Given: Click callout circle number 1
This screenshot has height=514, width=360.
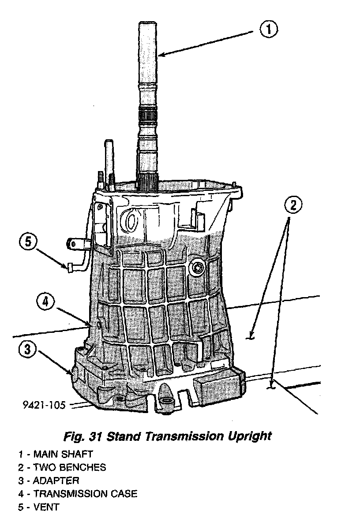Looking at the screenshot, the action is pyautogui.click(x=269, y=30).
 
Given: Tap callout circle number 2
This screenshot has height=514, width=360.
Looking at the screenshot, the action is pyautogui.click(x=293, y=205).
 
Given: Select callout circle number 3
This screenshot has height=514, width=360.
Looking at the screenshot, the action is pyautogui.click(x=28, y=350).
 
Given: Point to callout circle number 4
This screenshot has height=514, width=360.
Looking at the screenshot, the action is pyautogui.click(x=45, y=302).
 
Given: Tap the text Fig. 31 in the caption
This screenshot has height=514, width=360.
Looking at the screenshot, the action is pyautogui.click(x=83, y=437).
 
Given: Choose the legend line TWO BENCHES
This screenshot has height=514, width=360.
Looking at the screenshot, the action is pyautogui.click(x=62, y=467).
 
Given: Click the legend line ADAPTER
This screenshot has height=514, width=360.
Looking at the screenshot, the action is pyautogui.click(x=49, y=480).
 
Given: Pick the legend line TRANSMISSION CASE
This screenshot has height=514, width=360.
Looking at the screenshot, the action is pyautogui.click(x=78, y=494).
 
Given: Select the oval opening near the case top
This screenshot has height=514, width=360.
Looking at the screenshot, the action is pyautogui.click(x=132, y=220).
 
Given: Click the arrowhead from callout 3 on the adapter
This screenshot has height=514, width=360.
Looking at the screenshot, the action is pyautogui.click(x=71, y=374).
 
